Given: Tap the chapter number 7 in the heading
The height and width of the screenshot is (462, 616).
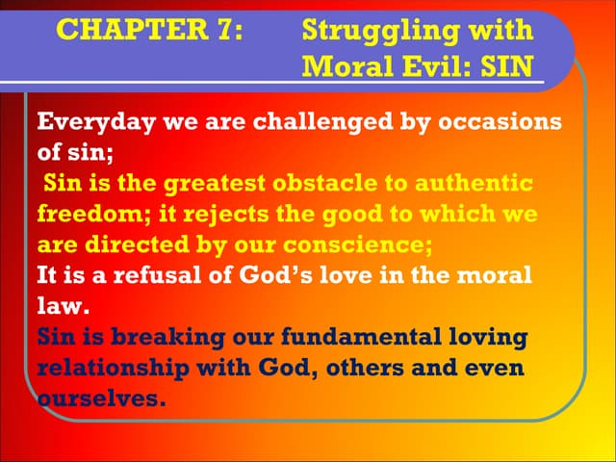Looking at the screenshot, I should (222, 30).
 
